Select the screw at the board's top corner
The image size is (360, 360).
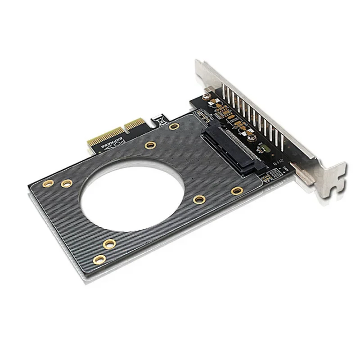pos(204,95)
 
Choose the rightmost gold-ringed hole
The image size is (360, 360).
pos(237,191)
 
